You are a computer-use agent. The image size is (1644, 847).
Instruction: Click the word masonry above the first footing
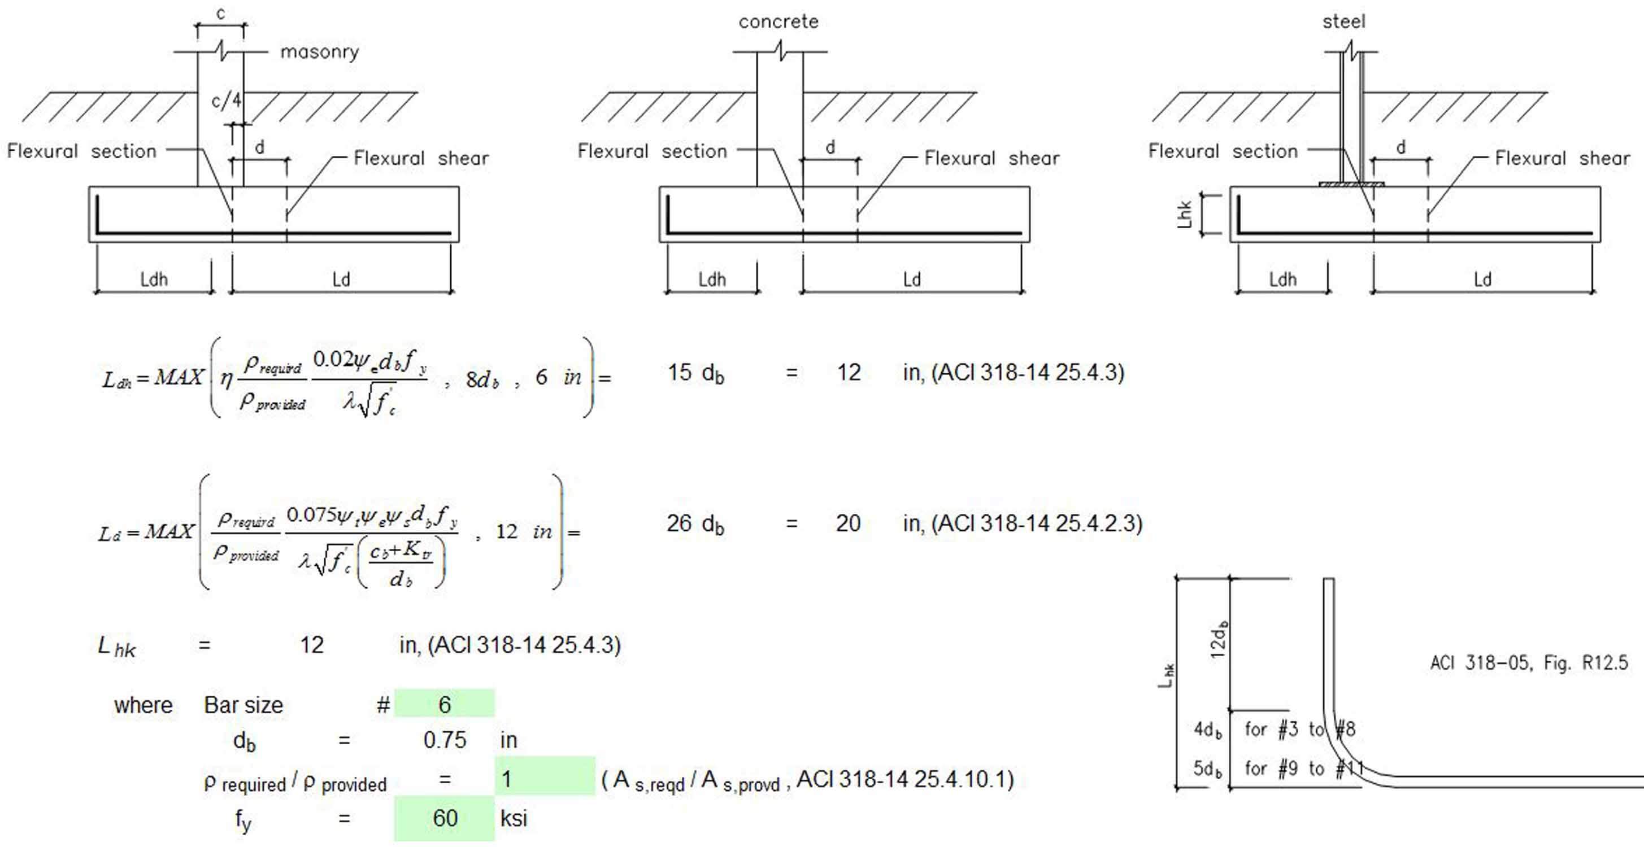point(320,51)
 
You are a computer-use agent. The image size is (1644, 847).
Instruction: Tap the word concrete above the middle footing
point(778,21)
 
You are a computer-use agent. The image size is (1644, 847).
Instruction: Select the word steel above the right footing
point(1343,21)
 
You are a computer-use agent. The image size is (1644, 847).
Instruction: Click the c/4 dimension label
point(226,100)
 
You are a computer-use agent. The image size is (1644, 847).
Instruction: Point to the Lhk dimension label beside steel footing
point(1185,215)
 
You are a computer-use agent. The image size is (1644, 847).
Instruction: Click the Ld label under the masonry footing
point(341,280)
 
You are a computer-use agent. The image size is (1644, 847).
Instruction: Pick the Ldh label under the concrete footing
point(712,280)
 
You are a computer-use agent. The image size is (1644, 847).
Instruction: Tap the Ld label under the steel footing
point(1482,280)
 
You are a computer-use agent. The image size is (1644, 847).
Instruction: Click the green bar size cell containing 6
point(444,704)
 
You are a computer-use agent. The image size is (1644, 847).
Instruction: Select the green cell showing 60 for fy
point(444,818)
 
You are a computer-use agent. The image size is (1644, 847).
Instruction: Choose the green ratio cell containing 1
point(543,779)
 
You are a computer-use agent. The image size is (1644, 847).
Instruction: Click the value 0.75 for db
point(444,740)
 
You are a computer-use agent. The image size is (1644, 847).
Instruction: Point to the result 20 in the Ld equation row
point(848,523)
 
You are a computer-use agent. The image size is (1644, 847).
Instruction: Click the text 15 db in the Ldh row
point(695,373)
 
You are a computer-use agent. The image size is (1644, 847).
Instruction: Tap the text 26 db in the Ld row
point(695,523)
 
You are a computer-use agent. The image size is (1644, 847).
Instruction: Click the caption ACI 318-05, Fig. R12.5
point(1529,663)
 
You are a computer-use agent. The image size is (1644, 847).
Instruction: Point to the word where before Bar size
point(143,705)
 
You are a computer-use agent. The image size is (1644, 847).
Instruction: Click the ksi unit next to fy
point(513,818)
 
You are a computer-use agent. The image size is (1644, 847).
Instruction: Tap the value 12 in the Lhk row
point(312,645)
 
